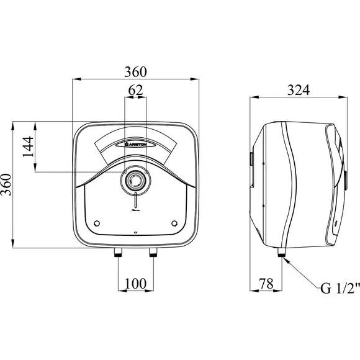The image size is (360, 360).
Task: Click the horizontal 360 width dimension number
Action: [x=135, y=72]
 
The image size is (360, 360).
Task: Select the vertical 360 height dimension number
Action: [x=6, y=184]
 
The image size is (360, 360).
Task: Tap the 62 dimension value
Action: [x=135, y=91]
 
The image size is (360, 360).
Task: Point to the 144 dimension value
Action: [x=28, y=146]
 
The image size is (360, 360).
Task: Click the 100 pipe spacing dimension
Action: [x=135, y=284]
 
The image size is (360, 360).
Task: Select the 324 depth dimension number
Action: [x=299, y=90]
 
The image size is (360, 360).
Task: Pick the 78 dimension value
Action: [x=266, y=284]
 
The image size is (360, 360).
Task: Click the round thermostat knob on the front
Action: [x=135, y=180]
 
